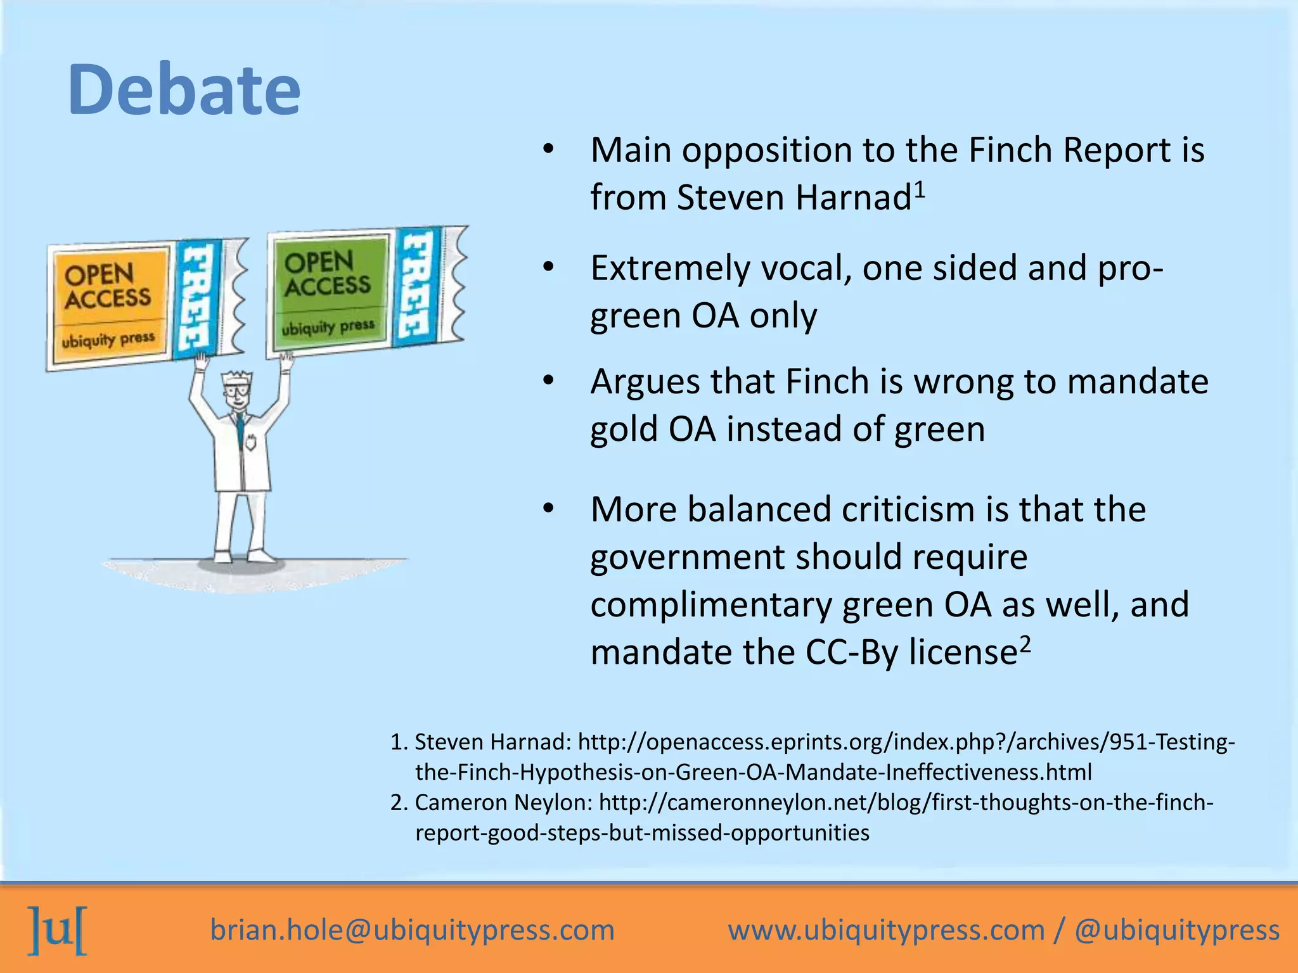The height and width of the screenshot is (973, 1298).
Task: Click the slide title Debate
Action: (184, 89)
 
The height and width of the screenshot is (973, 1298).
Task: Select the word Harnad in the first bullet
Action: (853, 198)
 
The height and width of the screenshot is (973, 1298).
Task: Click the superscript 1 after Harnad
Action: (920, 189)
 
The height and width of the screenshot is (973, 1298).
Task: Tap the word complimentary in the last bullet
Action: (710, 604)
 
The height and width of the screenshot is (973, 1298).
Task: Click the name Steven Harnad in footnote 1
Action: (492, 742)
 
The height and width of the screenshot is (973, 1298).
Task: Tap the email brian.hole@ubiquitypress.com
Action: (412, 930)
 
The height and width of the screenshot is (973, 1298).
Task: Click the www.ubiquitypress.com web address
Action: (885, 930)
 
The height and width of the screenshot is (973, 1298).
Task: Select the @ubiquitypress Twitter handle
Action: (1177, 930)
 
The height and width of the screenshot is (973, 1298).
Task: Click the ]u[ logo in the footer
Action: (57, 930)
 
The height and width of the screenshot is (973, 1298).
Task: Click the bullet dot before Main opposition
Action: (548, 150)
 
